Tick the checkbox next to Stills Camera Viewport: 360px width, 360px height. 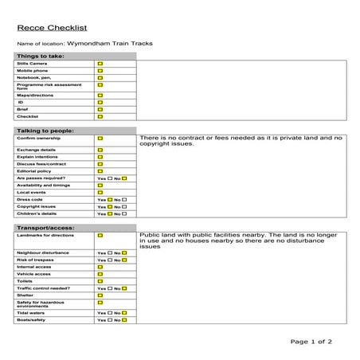pos(100,63)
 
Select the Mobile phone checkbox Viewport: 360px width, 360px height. pos(100,71)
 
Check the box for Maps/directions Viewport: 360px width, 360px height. pos(100,94)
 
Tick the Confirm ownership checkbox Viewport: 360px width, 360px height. pos(100,139)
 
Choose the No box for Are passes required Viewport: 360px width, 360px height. pos(124,178)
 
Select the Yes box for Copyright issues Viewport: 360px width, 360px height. pos(109,206)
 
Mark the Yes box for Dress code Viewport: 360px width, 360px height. pos(109,199)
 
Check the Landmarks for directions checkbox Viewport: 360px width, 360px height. pos(100,236)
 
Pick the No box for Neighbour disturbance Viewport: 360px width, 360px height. pos(124,252)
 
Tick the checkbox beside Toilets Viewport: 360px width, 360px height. pos(100,281)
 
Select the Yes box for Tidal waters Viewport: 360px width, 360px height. pos(109,313)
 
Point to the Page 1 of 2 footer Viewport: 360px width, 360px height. pos(311,341)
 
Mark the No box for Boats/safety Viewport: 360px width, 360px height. pos(124,320)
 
